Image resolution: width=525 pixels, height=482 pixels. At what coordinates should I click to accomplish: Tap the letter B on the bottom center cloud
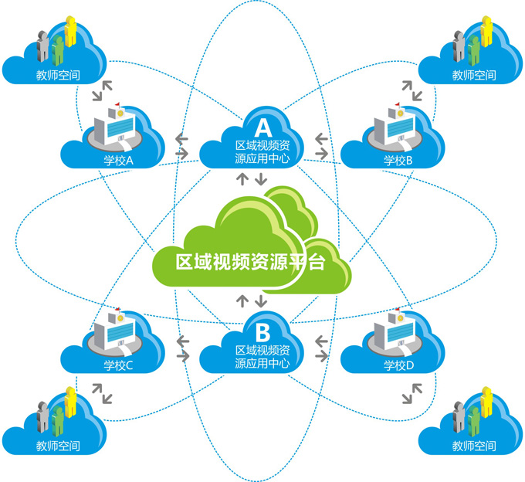tap(262, 333)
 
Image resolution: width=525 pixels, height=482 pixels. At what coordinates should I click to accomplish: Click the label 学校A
tap(118, 161)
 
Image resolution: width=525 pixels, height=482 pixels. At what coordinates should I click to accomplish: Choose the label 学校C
tap(118, 365)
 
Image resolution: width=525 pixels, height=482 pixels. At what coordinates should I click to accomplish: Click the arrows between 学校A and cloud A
tap(183, 146)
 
